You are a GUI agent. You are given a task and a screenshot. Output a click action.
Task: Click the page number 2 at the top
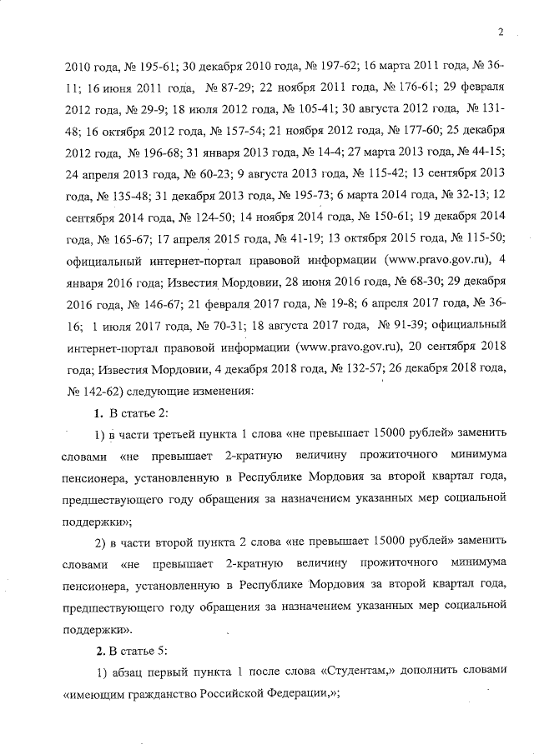pos(500,32)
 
